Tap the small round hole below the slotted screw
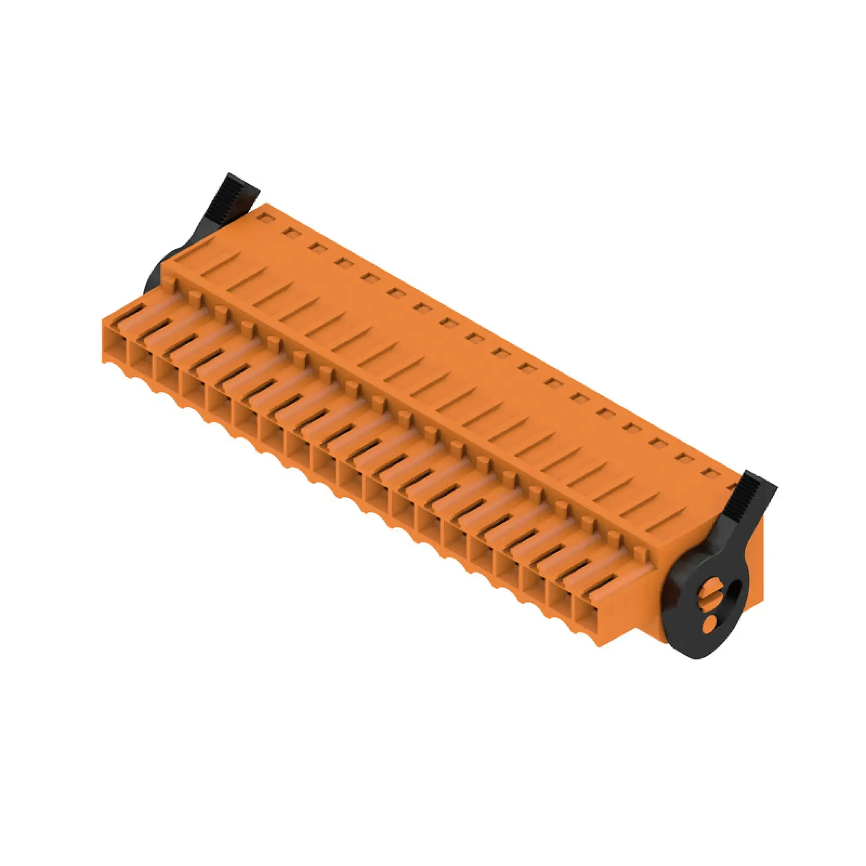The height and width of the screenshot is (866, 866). click(x=710, y=622)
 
